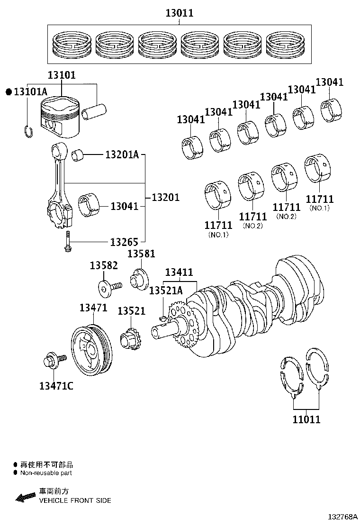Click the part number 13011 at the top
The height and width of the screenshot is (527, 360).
pos(179,13)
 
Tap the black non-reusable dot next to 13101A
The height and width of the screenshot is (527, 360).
pos(8,92)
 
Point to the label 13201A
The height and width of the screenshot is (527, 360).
pos(122,154)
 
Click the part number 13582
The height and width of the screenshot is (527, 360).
pos(104,266)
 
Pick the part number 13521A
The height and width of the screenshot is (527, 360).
pos(166,291)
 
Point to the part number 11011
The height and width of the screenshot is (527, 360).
pos(306,419)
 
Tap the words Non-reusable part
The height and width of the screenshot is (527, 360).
pos(46,472)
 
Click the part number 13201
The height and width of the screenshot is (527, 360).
pos(165,197)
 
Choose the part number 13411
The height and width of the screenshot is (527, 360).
pos(179,272)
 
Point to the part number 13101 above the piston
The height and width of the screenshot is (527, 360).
pos(61,75)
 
